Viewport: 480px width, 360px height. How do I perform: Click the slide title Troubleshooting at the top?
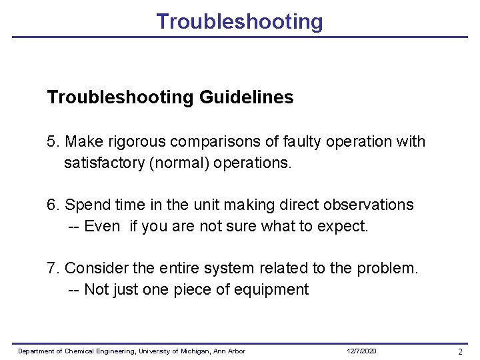click(x=239, y=21)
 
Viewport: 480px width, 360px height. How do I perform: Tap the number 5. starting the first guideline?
click(x=53, y=142)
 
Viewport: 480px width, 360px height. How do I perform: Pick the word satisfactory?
click(x=104, y=163)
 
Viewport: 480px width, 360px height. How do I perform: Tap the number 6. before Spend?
click(x=53, y=205)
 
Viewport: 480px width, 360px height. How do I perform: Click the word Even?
click(x=102, y=227)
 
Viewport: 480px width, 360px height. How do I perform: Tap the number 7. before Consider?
click(x=53, y=269)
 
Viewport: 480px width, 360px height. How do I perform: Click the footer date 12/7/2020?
click(x=362, y=351)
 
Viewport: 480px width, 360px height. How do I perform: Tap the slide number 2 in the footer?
click(x=460, y=351)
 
